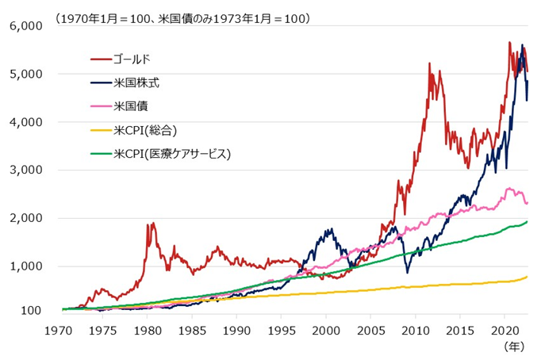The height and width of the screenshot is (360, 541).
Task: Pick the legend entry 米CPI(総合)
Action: click(144, 128)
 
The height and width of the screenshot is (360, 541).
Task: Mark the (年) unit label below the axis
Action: click(515, 346)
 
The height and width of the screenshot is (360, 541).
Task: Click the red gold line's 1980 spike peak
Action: click(149, 224)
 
